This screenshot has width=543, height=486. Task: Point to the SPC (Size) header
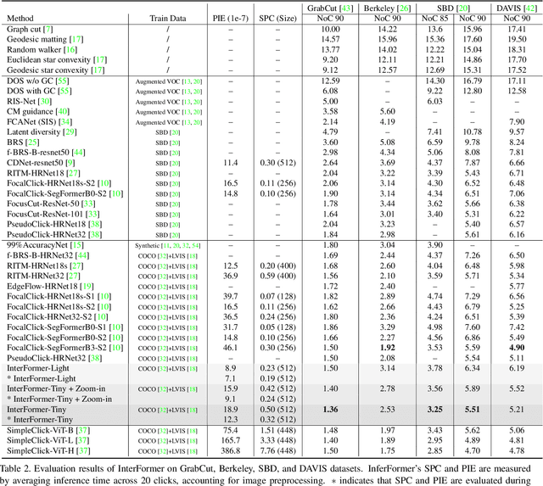click(x=278, y=17)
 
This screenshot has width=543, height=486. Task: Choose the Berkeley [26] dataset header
click(x=386, y=7)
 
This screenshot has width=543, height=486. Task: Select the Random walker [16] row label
click(x=34, y=49)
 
